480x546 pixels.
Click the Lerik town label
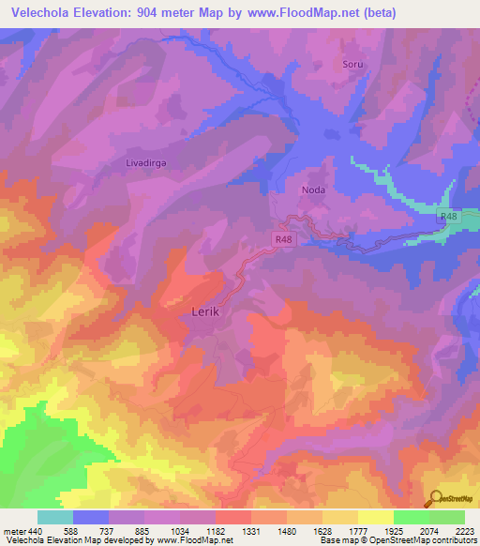(204, 312)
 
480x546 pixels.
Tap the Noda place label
(313, 189)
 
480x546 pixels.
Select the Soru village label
(352, 66)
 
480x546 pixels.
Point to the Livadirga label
(146, 162)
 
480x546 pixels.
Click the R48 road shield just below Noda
(285, 239)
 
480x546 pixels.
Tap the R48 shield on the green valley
(450, 217)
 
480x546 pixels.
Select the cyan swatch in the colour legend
(55, 517)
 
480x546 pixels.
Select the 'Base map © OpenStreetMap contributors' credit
(397, 540)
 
